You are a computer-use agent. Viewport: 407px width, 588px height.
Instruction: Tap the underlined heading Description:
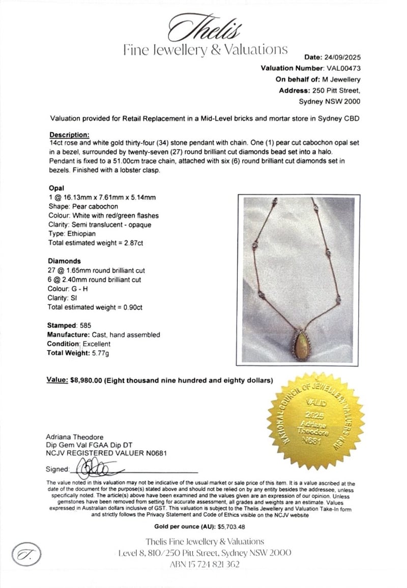click(x=69, y=135)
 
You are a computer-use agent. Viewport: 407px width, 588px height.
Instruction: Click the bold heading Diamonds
click(x=64, y=261)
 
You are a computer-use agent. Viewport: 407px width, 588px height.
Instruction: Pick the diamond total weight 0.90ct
click(x=131, y=307)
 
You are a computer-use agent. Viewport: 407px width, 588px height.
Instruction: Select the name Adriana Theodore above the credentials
click(x=75, y=437)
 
